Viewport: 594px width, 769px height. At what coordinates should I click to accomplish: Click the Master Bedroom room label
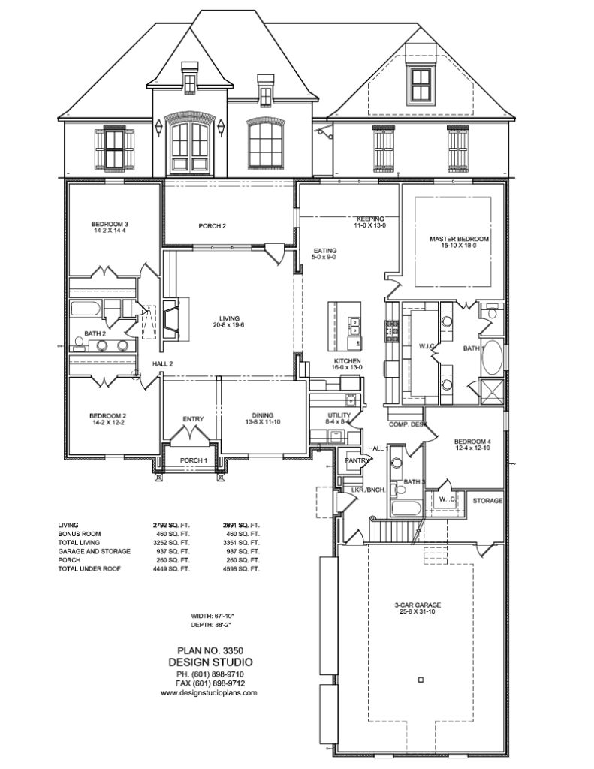tap(459, 240)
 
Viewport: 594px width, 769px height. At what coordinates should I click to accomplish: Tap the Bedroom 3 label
tap(110, 224)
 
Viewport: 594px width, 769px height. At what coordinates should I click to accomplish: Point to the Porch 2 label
tap(213, 226)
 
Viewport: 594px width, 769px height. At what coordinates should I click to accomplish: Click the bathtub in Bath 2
tap(84, 310)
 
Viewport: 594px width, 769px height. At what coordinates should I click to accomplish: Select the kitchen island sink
tap(352, 326)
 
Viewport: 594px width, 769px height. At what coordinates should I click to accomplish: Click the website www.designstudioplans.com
tap(209, 693)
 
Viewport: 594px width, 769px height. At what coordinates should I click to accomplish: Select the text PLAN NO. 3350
tap(209, 650)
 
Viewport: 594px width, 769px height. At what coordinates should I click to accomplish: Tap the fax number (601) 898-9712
tap(209, 683)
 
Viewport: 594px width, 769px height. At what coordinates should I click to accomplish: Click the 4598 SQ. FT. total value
tap(241, 569)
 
